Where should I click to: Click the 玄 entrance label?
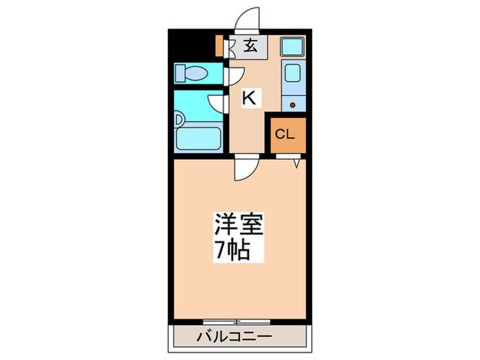click(250, 46)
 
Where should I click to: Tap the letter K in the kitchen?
click(249, 97)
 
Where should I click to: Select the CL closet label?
click(285, 134)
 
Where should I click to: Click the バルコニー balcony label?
click(235, 337)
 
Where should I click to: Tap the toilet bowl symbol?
click(191, 73)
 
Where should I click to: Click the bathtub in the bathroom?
click(198, 139)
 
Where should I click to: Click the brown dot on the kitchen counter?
click(292, 105)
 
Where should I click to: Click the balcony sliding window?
click(237, 322)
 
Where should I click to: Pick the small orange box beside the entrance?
click(219, 46)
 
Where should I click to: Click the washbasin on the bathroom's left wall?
click(179, 120)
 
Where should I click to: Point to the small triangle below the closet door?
click(296, 163)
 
